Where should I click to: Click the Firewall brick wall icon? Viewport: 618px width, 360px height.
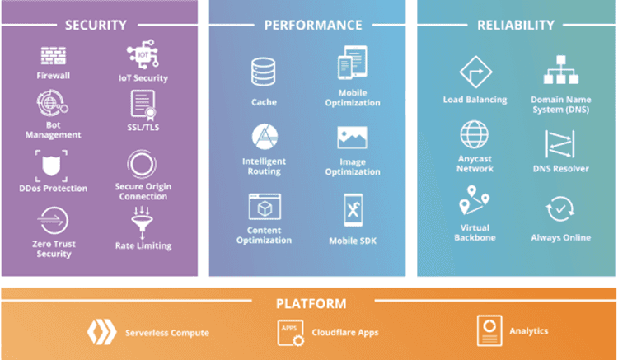pyautogui.click(x=54, y=55)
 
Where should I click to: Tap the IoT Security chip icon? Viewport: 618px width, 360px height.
pyautogui.click(x=143, y=54)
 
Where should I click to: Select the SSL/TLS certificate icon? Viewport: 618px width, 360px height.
pyautogui.click(x=143, y=105)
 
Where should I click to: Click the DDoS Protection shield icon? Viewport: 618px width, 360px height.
pyautogui.click(x=51, y=166)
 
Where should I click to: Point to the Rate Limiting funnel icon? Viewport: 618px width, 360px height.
pyautogui.click(x=143, y=222)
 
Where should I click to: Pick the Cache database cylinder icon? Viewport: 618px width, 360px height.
pyautogui.click(x=264, y=72)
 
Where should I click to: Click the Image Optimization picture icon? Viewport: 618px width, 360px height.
pyautogui.click(x=352, y=138)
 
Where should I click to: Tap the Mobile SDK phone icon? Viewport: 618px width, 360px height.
pyautogui.click(x=353, y=210)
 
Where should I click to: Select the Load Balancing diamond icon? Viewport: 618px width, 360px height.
pyautogui.click(x=475, y=72)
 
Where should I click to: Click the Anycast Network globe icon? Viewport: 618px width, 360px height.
pyautogui.click(x=474, y=135)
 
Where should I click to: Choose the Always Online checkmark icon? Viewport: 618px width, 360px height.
pyautogui.click(x=560, y=208)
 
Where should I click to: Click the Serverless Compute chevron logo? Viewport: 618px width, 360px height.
pyautogui.click(x=101, y=332)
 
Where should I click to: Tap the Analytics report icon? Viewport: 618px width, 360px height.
pyautogui.click(x=489, y=330)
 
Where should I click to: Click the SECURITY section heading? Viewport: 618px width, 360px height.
pyautogui.click(x=96, y=26)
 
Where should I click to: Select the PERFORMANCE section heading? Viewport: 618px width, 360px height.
pyautogui.click(x=313, y=26)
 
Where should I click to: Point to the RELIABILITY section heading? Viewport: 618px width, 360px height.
pyautogui.click(x=516, y=26)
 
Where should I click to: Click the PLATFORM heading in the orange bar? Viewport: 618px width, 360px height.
pyautogui.click(x=311, y=304)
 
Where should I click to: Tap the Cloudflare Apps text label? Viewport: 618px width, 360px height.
pyautogui.click(x=345, y=333)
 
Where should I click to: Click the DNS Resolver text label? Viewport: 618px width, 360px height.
pyautogui.click(x=561, y=169)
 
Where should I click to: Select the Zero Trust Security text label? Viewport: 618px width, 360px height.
pyautogui.click(x=54, y=249)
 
